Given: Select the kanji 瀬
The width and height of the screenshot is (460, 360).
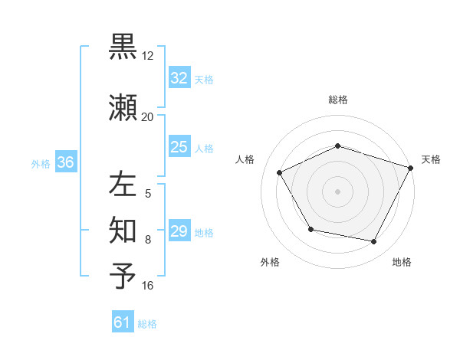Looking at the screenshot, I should [123, 107].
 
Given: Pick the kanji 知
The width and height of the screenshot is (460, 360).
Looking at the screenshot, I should [123, 230].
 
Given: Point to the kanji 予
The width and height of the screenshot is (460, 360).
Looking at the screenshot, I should [123, 276].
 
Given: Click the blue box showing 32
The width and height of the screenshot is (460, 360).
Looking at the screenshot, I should [179, 78].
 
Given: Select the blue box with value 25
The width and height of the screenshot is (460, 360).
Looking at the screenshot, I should [179, 147].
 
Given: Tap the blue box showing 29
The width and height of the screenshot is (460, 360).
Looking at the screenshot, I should [179, 231].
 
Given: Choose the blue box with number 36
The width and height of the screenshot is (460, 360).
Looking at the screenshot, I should [65, 162].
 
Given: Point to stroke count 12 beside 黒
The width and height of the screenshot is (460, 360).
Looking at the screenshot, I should [148, 56].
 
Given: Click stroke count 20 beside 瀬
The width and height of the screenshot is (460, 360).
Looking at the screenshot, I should [148, 116].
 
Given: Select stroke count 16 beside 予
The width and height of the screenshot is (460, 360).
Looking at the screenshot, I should [148, 286].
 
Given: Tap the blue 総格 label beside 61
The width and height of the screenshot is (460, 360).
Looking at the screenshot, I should [147, 324].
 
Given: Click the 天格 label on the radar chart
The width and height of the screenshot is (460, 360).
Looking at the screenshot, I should [431, 159].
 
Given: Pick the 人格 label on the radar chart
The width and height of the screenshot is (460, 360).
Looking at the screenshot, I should [245, 159].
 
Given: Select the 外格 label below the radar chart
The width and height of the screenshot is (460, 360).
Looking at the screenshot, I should [270, 262].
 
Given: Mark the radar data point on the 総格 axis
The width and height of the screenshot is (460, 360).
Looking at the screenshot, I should [337, 146].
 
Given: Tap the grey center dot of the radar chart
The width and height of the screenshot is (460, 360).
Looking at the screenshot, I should [337, 191].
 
